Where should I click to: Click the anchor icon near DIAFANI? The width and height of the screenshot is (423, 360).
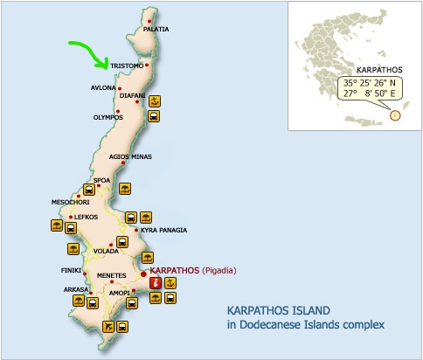154,100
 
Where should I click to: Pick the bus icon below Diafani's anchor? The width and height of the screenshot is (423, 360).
154,115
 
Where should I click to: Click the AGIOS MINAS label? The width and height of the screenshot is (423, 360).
130,156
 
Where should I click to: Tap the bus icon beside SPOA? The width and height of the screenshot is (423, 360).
88,190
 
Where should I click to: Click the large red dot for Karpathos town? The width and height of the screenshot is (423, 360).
143,272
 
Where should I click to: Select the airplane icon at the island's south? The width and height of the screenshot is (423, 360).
108,327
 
